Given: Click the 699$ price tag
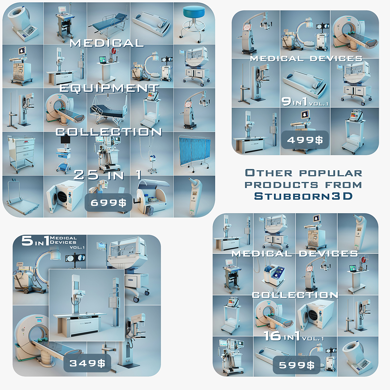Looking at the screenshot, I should (108, 203).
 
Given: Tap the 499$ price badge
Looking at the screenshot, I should (305, 140).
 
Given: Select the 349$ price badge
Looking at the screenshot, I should (87, 363).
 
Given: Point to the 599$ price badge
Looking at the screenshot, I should (297, 365).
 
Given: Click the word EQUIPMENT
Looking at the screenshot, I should (109, 88).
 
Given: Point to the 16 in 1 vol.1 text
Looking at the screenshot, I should (293, 336).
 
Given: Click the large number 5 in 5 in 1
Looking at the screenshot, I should (27, 241).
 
